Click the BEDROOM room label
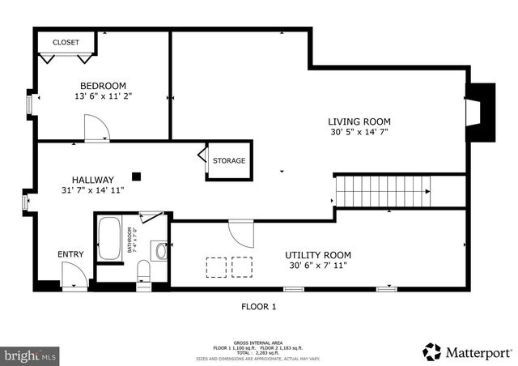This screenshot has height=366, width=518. (102, 86)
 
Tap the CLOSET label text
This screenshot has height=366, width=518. (66, 42)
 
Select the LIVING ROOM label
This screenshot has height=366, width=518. (360, 121)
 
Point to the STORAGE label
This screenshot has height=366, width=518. (229, 160)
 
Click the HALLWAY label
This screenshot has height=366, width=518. (92, 180)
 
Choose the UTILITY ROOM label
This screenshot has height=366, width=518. (317, 254)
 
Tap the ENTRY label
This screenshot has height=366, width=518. (70, 254)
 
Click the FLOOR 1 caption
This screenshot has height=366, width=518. (259, 306)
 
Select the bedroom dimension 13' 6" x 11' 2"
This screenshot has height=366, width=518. (102, 96)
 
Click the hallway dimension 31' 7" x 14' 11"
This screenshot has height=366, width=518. (92, 190)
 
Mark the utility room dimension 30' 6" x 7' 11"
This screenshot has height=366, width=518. (317, 265)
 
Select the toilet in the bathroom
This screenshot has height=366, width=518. (144, 271)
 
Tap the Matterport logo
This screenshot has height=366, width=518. (468, 352)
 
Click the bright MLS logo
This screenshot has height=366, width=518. (31, 355)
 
